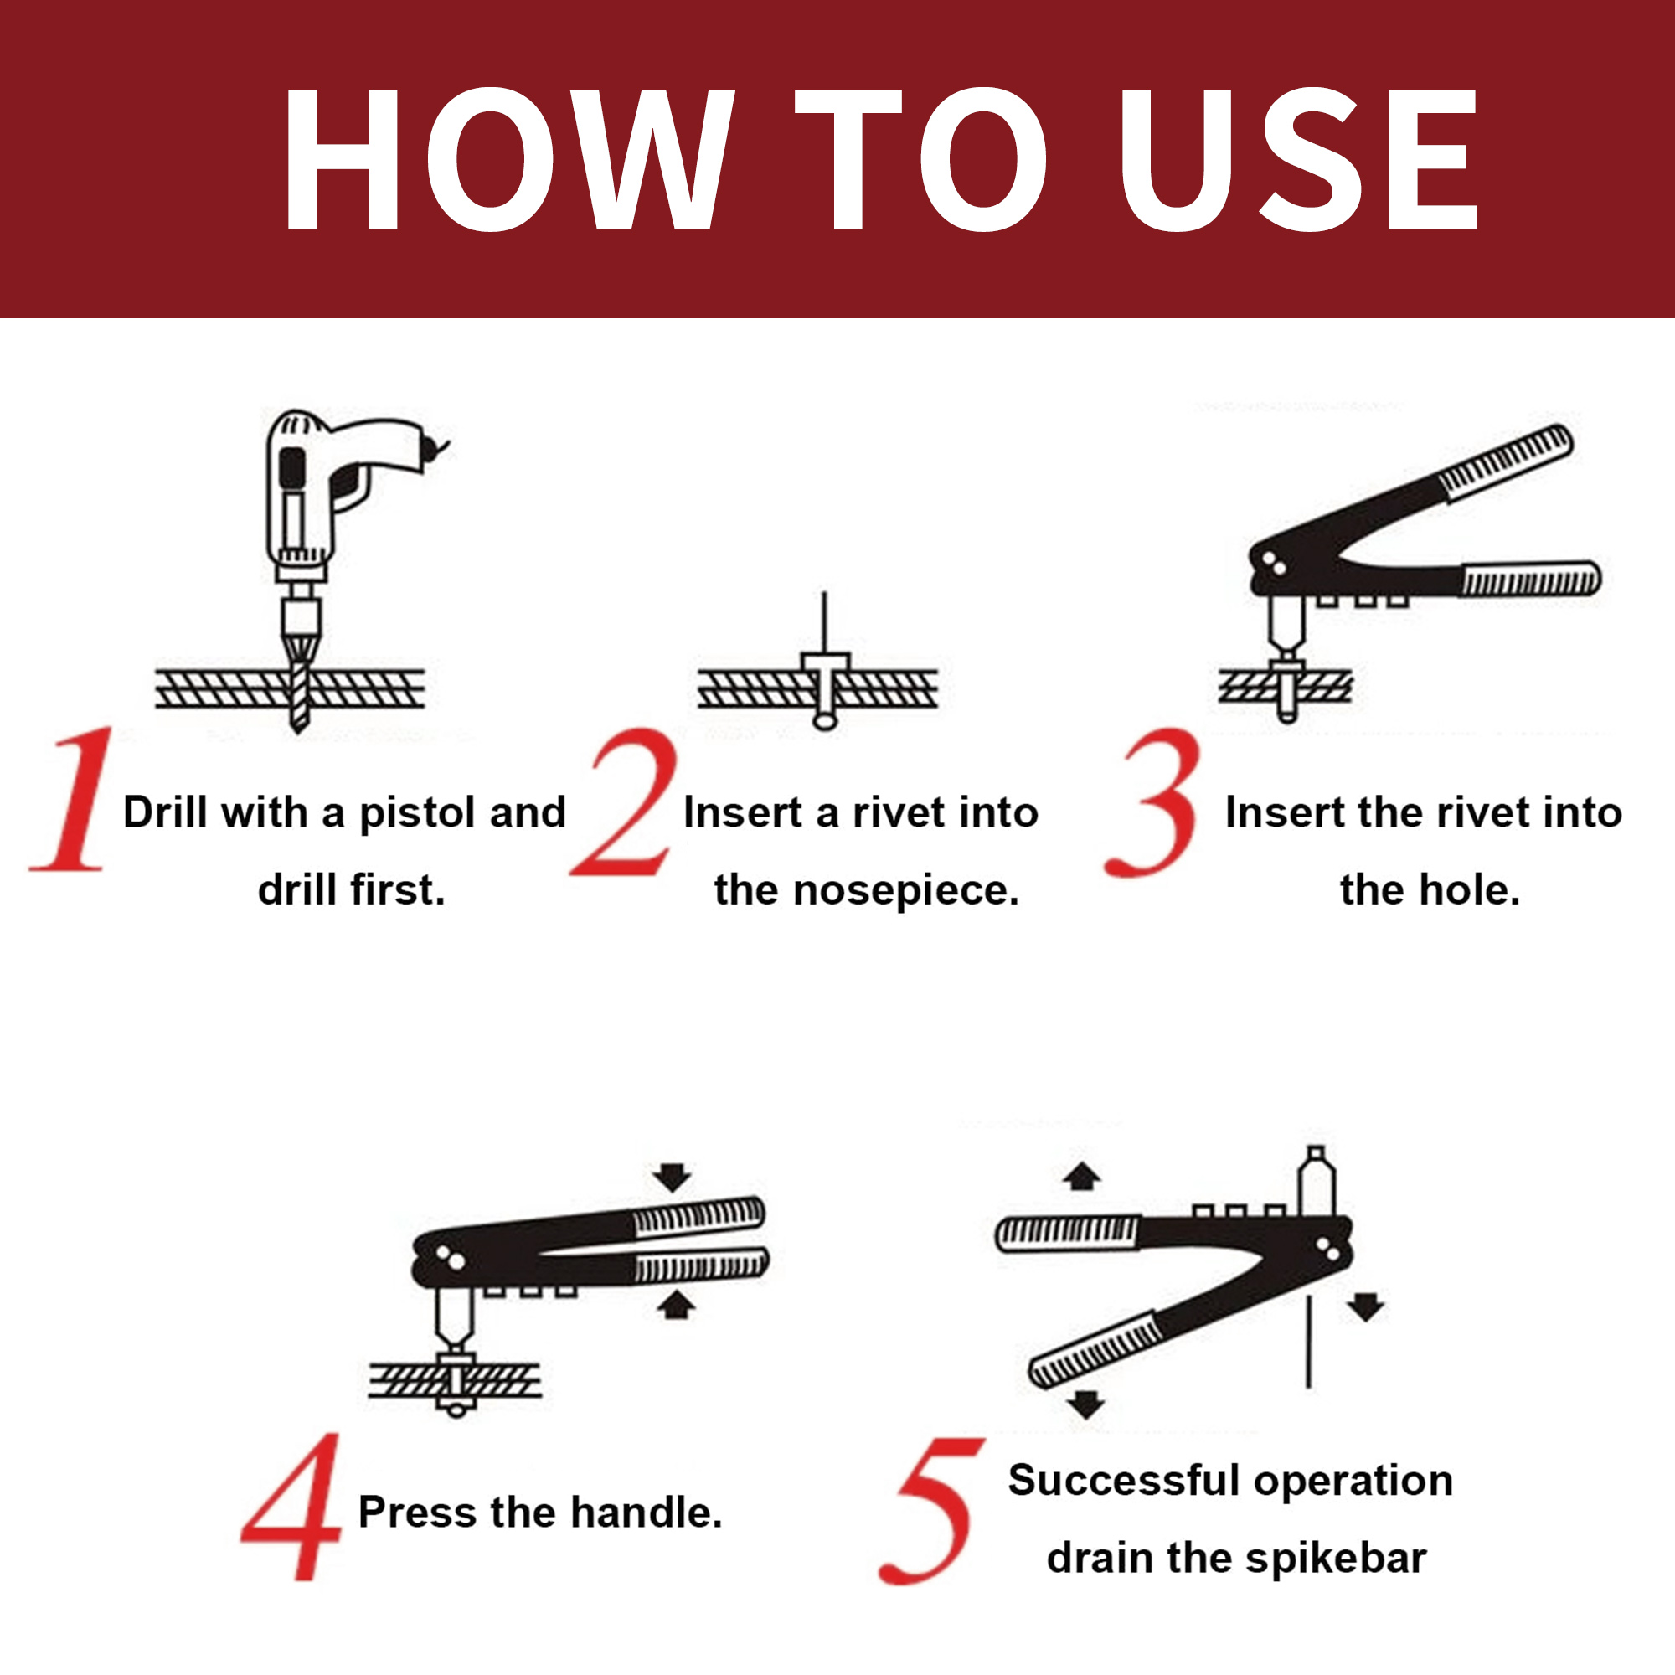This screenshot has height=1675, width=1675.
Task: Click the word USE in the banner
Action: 1298,161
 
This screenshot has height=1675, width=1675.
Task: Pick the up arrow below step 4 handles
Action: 675,1306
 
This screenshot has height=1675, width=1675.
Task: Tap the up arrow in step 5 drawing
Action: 1081,1177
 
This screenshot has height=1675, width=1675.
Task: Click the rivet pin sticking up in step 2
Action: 824,621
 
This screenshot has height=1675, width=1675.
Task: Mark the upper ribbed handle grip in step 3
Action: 1506,462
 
